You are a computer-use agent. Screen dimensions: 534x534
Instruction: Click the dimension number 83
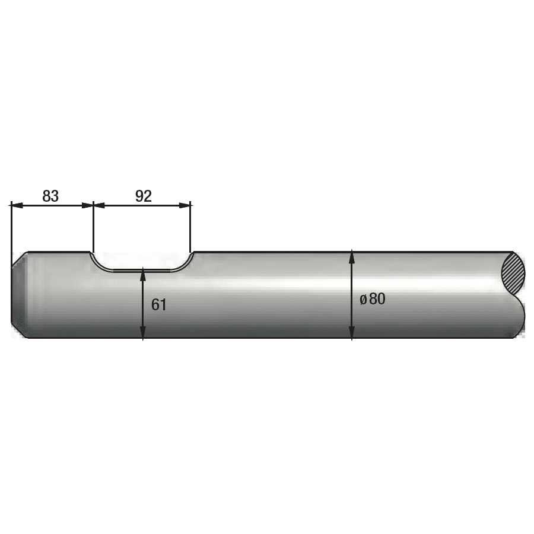tap(50, 196)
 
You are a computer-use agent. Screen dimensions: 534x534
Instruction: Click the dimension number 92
tap(144, 196)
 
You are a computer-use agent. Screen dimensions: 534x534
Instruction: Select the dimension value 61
tap(158, 304)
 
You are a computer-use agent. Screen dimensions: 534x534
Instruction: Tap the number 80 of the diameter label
tap(377, 299)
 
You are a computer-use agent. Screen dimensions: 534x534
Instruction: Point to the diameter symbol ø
tap(363, 300)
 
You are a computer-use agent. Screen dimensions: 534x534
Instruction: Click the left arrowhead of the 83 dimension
tap(17, 205)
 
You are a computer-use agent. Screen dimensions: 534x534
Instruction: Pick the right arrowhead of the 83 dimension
tap(88, 205)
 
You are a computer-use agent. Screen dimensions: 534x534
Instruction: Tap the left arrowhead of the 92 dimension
tap(99, 205)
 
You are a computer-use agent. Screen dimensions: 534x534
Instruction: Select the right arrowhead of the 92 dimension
tap(185, 205)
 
